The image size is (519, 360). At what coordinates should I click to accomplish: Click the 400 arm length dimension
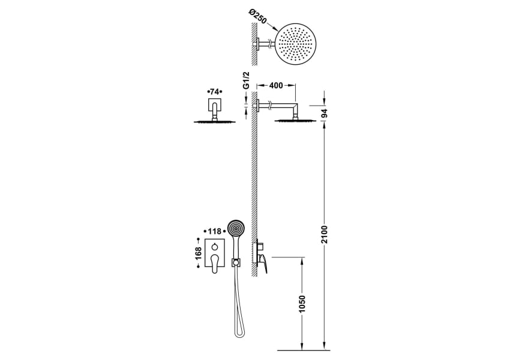[x=276, y=86]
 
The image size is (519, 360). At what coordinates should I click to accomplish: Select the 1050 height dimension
[x=302, y=304]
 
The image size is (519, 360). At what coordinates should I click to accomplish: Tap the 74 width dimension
[x=214, y=91]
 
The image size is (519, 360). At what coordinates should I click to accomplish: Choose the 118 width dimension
[x=214, y=231]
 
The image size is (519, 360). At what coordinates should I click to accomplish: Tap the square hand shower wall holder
[x=236, y=262]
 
